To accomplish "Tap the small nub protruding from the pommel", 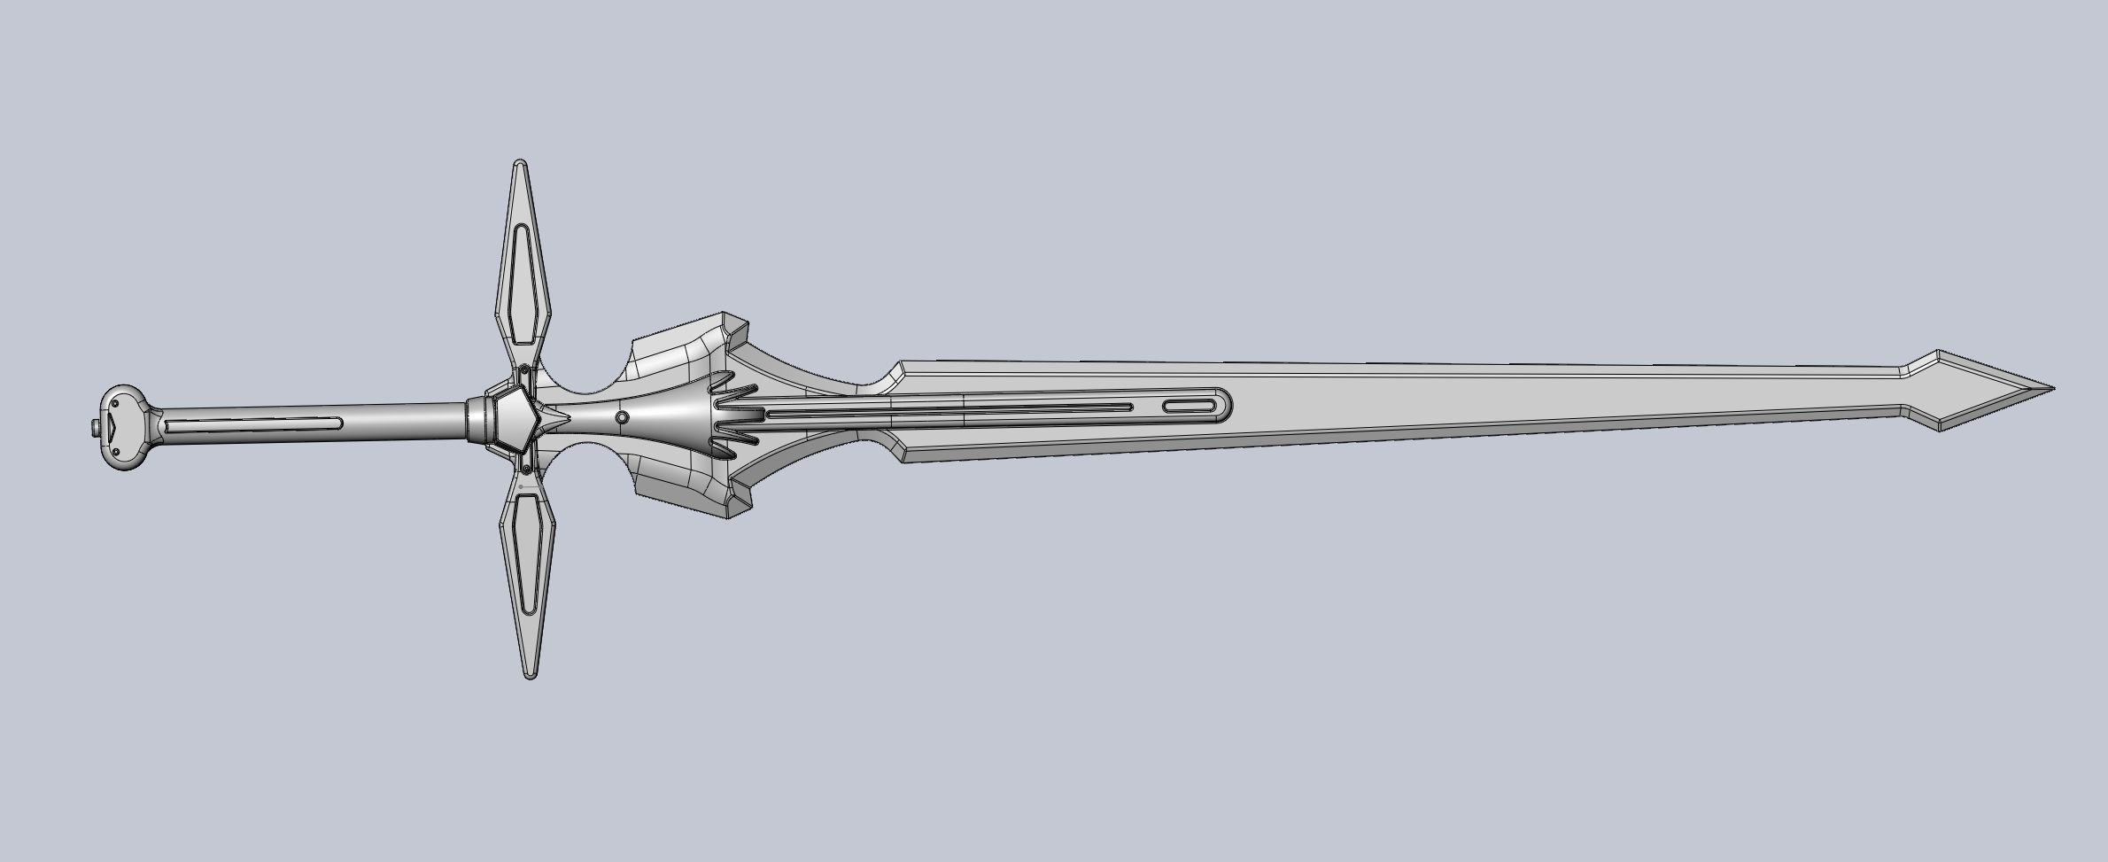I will tap(94, 428).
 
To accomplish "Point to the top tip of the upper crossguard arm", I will tap(521, 163).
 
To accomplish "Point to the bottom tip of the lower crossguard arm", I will tap(531, 676).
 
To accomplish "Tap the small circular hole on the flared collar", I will tap(622, 417).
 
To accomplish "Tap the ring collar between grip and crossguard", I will tap(477, 419).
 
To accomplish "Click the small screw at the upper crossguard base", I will tap(526, 369).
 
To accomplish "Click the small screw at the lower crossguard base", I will tap(527, 468).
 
